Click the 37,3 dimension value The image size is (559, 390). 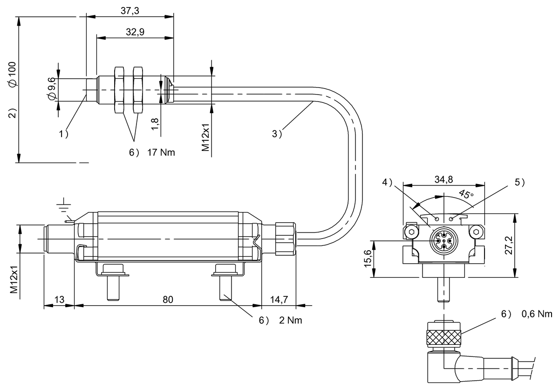pyautogui.click(x=130, y=11)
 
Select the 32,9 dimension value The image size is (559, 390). pyautogui.click(x=135, y=32)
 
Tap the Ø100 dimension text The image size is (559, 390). pyautogui.click(x=12, y=75)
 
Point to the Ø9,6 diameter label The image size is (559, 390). pyautogui.click(x=51, y=89)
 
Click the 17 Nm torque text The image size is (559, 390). pyautogui.click(x=161, y=152)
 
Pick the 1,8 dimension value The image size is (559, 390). pyautogui.click(x=155, y=124)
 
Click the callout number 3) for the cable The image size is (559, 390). pyautogui.click(x=277, y=134)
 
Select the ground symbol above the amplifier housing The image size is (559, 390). pyautogui.click(x=64, y=205)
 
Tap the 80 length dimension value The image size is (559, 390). pyautogui.click(x=168, y=299)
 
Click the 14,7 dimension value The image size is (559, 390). pyautogui.click(x=279, y=299)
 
